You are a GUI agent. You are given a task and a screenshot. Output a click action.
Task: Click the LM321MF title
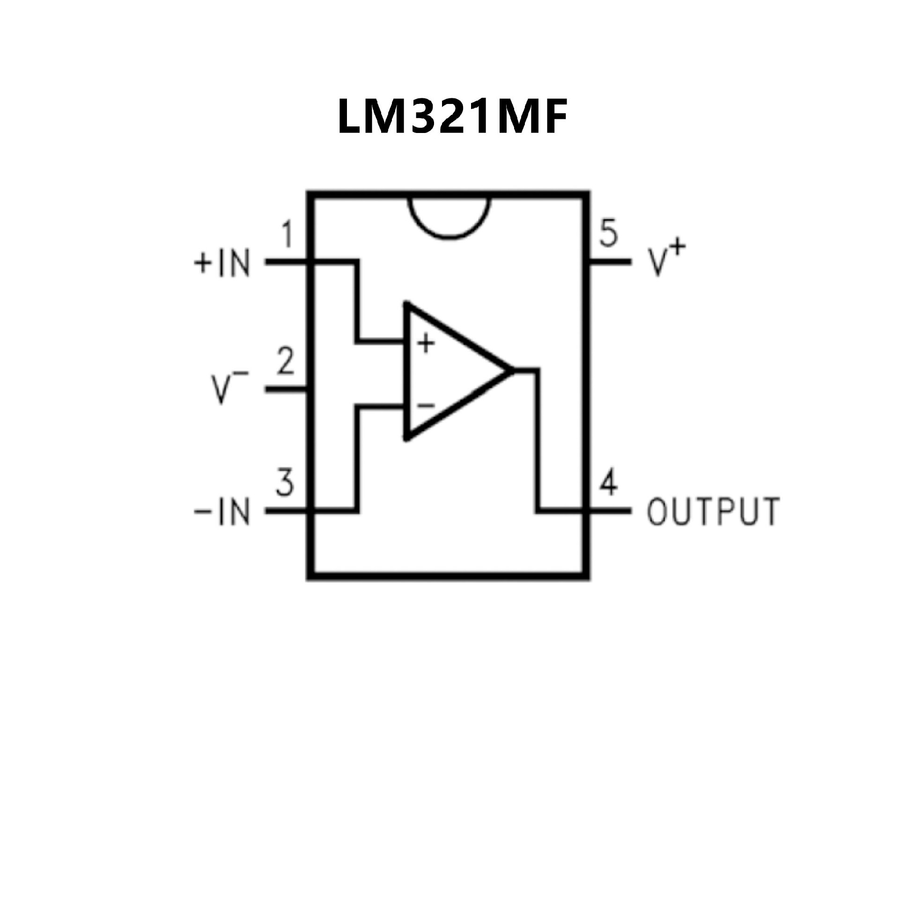click(452, 117)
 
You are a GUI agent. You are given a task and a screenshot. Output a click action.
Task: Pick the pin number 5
click(609, 233)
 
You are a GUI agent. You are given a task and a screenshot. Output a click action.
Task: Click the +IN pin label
click(222, 263)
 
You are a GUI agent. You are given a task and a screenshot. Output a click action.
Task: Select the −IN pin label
click(222, 511)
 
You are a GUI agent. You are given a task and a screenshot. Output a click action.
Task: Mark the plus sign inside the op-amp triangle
click(426, 343)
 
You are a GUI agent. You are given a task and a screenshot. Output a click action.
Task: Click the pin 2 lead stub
click(286, 389)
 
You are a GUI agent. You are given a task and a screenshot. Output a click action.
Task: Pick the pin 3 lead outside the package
click(286, 511)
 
